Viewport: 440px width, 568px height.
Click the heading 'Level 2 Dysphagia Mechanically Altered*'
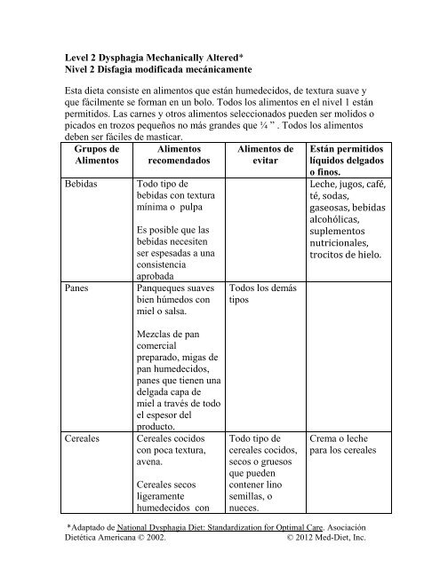pyautogui.click(x=156, y=55)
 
